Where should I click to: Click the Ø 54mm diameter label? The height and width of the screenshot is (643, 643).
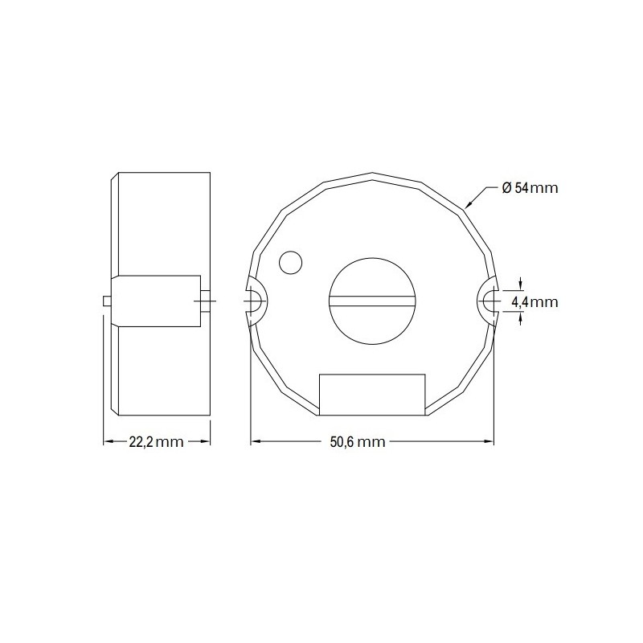pos(529,188)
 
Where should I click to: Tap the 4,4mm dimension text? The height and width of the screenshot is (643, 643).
pos(534,302)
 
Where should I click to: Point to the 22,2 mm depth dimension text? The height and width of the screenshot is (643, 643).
pos(157,441)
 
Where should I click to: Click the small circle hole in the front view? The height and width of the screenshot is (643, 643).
pos(289,261)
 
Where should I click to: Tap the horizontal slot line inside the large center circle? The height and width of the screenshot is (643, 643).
pos(372,300)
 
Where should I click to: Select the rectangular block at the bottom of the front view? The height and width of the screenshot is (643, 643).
pos(372,395)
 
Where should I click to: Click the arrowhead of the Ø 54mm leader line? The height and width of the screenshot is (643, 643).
pos(469,207)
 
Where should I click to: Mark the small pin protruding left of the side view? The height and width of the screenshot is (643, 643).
pos(109,301)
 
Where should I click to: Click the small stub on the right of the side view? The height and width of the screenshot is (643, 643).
pos(207,301)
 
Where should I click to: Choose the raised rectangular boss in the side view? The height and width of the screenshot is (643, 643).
pos(158,301)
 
